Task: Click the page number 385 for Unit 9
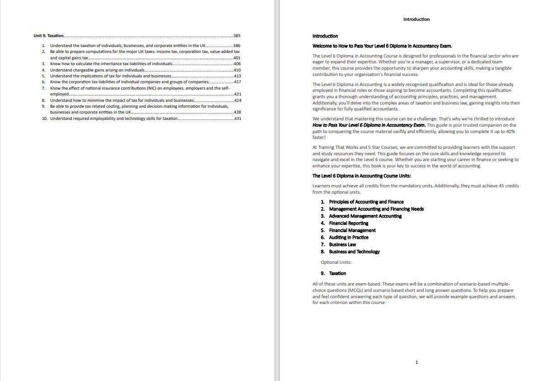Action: click(x=237, y=36)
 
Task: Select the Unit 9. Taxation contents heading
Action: click(x=48, y=36)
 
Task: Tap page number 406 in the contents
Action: click(x=237, y=64)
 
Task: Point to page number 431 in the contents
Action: click(x=237, y=119)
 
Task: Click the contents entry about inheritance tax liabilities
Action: click(x=111, y=64)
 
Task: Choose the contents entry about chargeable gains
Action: click(x=97, y=70)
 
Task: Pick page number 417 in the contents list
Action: click(x=237, y=82)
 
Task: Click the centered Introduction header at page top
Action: click(x=416, y=19)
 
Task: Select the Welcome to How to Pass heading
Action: click(x=382, y=46)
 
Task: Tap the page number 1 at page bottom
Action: click(x=416, y=362)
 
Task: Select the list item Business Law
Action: click(x=342, y=244)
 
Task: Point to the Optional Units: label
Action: click(x=336, y=262)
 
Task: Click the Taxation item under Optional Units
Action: click(x=337, y=273)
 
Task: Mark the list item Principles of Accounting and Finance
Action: click(x=366, y=202)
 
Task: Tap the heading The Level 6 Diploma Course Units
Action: click(x=361, y=176)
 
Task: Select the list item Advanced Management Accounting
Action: click(x=365, y=216)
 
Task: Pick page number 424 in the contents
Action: click(x=237, y=100)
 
